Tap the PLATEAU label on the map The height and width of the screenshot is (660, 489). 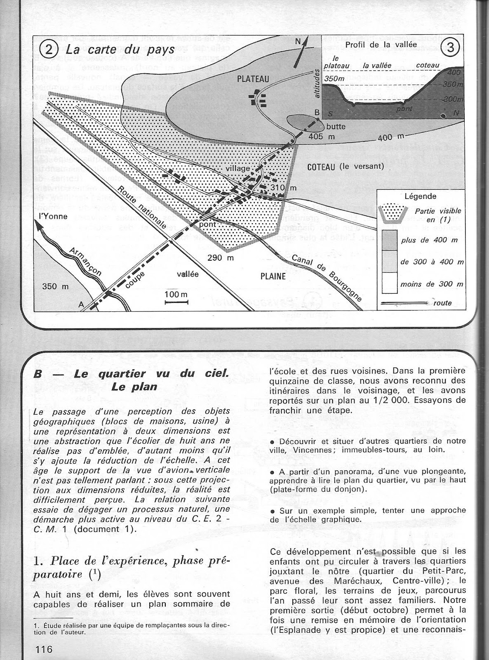point(253,79)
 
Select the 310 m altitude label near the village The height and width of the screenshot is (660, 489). point(284,188)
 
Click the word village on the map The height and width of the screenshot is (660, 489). point(238,168)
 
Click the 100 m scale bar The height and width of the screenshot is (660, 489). point(176,302)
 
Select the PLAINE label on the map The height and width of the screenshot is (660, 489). point(273,276)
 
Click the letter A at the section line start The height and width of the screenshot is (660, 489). point(81,304)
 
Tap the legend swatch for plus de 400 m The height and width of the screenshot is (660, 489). point(389,240)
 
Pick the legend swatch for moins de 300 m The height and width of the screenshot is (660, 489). point(389,284)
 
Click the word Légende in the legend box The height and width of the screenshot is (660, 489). point(420,196)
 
